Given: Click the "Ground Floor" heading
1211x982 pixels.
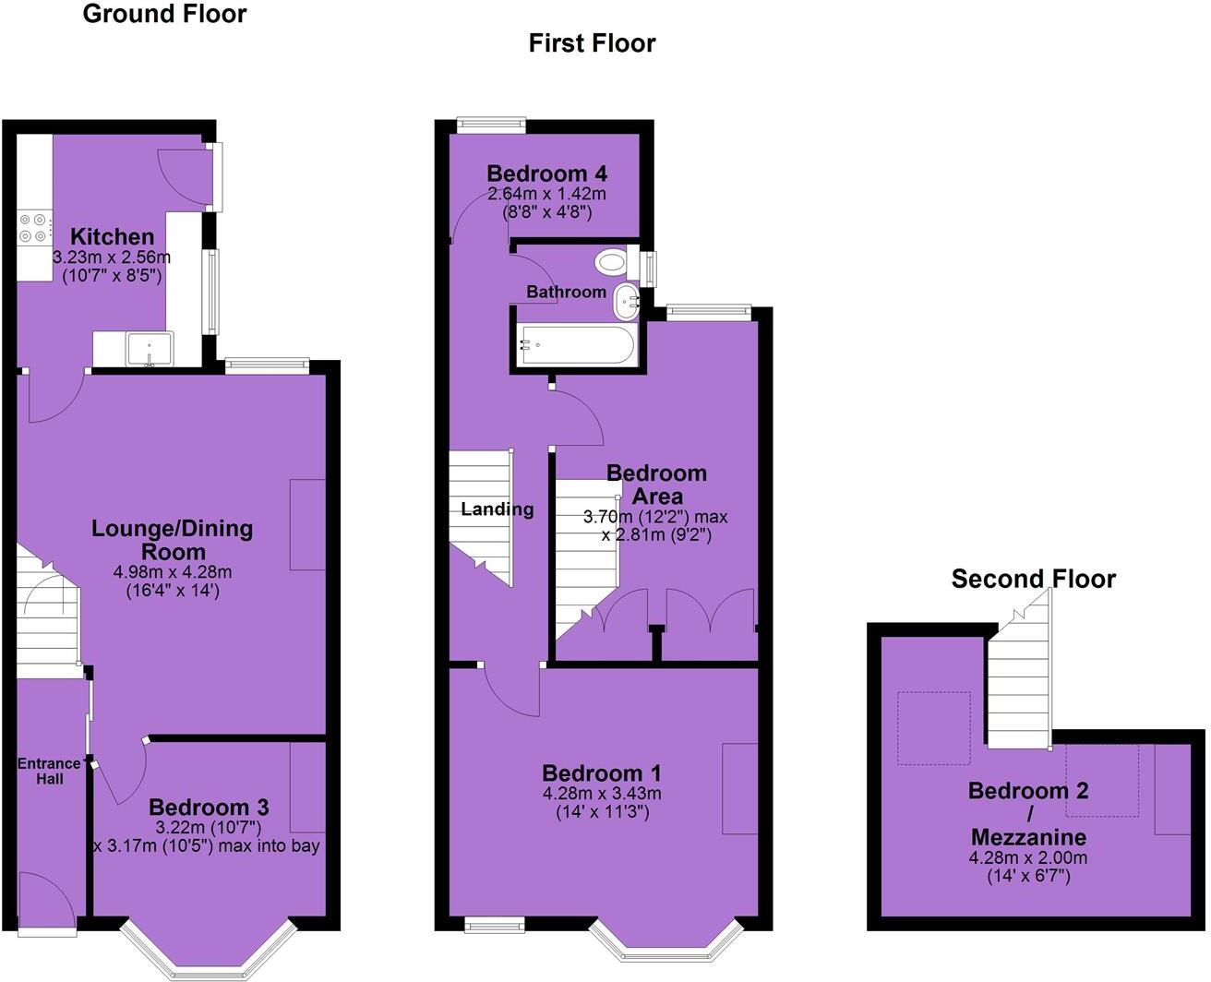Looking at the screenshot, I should pos(164,14).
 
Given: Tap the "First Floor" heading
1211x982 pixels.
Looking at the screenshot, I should pos(592,43).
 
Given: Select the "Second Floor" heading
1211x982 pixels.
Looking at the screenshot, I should pos(1033,579).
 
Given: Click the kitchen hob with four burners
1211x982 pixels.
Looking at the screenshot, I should pos(33,227).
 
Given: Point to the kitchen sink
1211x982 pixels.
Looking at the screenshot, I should pos(149,350).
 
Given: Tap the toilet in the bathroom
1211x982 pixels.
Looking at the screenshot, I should pos(612,262).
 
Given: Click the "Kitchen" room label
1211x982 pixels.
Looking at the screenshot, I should pos(112,236).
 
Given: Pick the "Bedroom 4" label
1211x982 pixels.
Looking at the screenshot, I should pos(547,174).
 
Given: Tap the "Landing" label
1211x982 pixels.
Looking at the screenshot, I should pos(497,509).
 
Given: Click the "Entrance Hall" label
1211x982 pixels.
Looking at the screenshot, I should pos(50,771).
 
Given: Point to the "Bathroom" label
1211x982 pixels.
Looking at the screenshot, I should pos(566,292).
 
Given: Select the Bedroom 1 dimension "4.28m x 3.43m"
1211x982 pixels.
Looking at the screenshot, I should pos(601,793).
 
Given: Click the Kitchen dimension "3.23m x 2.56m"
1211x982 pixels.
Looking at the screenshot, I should pos(112,257).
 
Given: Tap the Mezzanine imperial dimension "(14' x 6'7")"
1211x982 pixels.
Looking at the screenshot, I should pos(1028,875).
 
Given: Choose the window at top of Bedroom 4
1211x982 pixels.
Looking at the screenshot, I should pos(492,126).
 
